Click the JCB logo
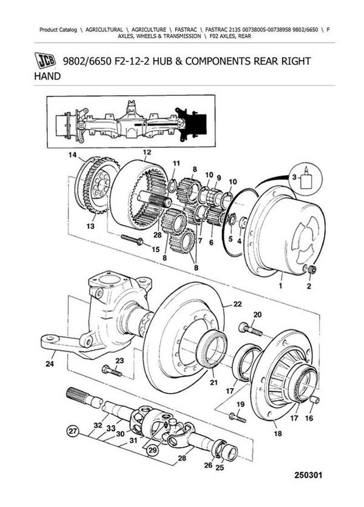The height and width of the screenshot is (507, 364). click(x=45, y=61)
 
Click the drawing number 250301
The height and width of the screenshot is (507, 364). click(x=308, y=475)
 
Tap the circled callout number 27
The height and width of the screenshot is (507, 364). click(x=73, y=431)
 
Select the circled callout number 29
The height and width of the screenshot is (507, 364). click(x=152, y=450)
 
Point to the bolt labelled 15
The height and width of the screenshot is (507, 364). click(x=132, y=240)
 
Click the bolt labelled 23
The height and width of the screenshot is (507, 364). click(x=112, y=371)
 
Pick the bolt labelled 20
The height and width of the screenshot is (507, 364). click(x=250, y=329)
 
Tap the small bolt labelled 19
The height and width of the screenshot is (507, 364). click(x=237, y=417)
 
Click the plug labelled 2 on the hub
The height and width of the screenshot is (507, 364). click(x=312, y=269)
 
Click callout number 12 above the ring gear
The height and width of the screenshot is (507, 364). click(x=147, y=152)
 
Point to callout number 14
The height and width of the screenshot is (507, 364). click(x=72, y=155)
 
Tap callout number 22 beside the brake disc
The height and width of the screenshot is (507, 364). click(x=237, y=304)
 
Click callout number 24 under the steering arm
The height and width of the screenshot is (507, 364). click(x=50, y=364)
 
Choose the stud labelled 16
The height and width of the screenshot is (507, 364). click(x=315, y=400)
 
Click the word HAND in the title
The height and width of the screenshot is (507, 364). click(x=47, y=76)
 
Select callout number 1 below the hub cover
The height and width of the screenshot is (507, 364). click(x=280, y=286)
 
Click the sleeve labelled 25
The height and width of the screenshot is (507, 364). click(x=231, y=452)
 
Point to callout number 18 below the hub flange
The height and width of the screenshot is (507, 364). click(x=278, y=433)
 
